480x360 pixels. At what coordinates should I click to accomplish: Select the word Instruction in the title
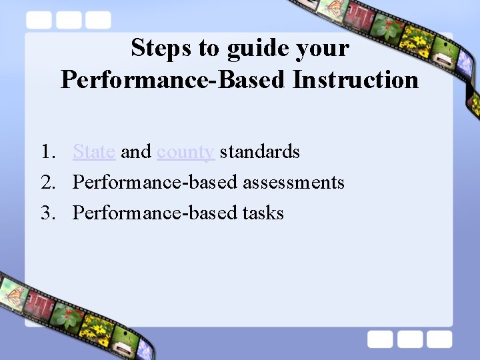click(x=355, y=79)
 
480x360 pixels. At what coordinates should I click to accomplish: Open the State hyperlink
click(x=94, y=152)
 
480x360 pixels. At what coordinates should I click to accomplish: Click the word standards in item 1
click(x=259, y=152)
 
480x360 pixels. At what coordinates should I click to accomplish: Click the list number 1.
click(x=46, y=152)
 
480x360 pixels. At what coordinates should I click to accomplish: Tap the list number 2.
click(x=46, y=183)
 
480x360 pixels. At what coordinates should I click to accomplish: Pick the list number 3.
click(x=46, y=213)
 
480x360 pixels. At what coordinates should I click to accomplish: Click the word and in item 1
click(x=136, y=152)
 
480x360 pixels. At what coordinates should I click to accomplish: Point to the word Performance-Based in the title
click(x=173, y=79)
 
